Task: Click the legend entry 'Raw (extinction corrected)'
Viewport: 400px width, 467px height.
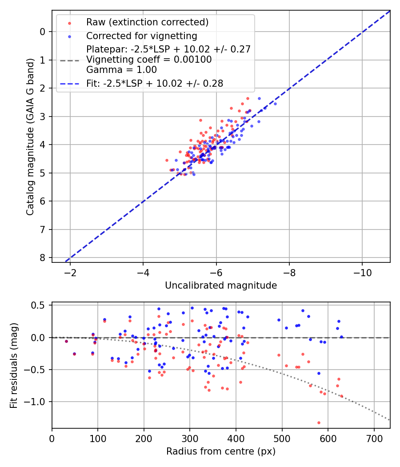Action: pos(147,22)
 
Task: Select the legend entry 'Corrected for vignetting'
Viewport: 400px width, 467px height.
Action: pos(141,36)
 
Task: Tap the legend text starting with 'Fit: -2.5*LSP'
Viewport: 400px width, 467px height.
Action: pos(155,83)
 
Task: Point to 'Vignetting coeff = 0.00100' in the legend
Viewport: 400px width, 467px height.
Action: pos(149,59)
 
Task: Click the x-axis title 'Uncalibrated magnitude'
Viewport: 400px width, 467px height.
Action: pos(221,286)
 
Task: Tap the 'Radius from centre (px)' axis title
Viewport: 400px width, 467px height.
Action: pos(221,451)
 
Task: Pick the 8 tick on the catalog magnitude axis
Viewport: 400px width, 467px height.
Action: pos(43,258)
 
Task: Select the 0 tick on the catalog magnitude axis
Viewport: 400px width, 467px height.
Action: pos(43,32)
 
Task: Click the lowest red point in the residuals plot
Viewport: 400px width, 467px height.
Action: pos(319,423)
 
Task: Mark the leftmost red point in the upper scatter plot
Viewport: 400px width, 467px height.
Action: pos(167,160)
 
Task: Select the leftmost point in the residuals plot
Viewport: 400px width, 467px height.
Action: pos(66,341)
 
